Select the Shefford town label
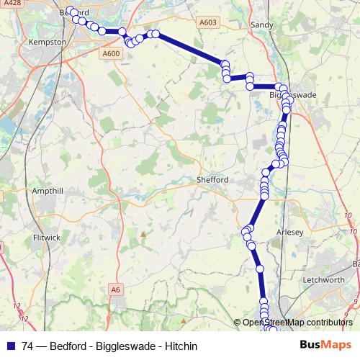[212, 180]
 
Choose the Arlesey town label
[291, 232]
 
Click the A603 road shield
[208, 23]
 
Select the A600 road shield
[111, 53]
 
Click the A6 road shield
[115, 289]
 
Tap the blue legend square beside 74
[10, 346]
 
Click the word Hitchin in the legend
[181, 346]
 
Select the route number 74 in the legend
[28, 346]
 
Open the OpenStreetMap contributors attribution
[297, 323]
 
